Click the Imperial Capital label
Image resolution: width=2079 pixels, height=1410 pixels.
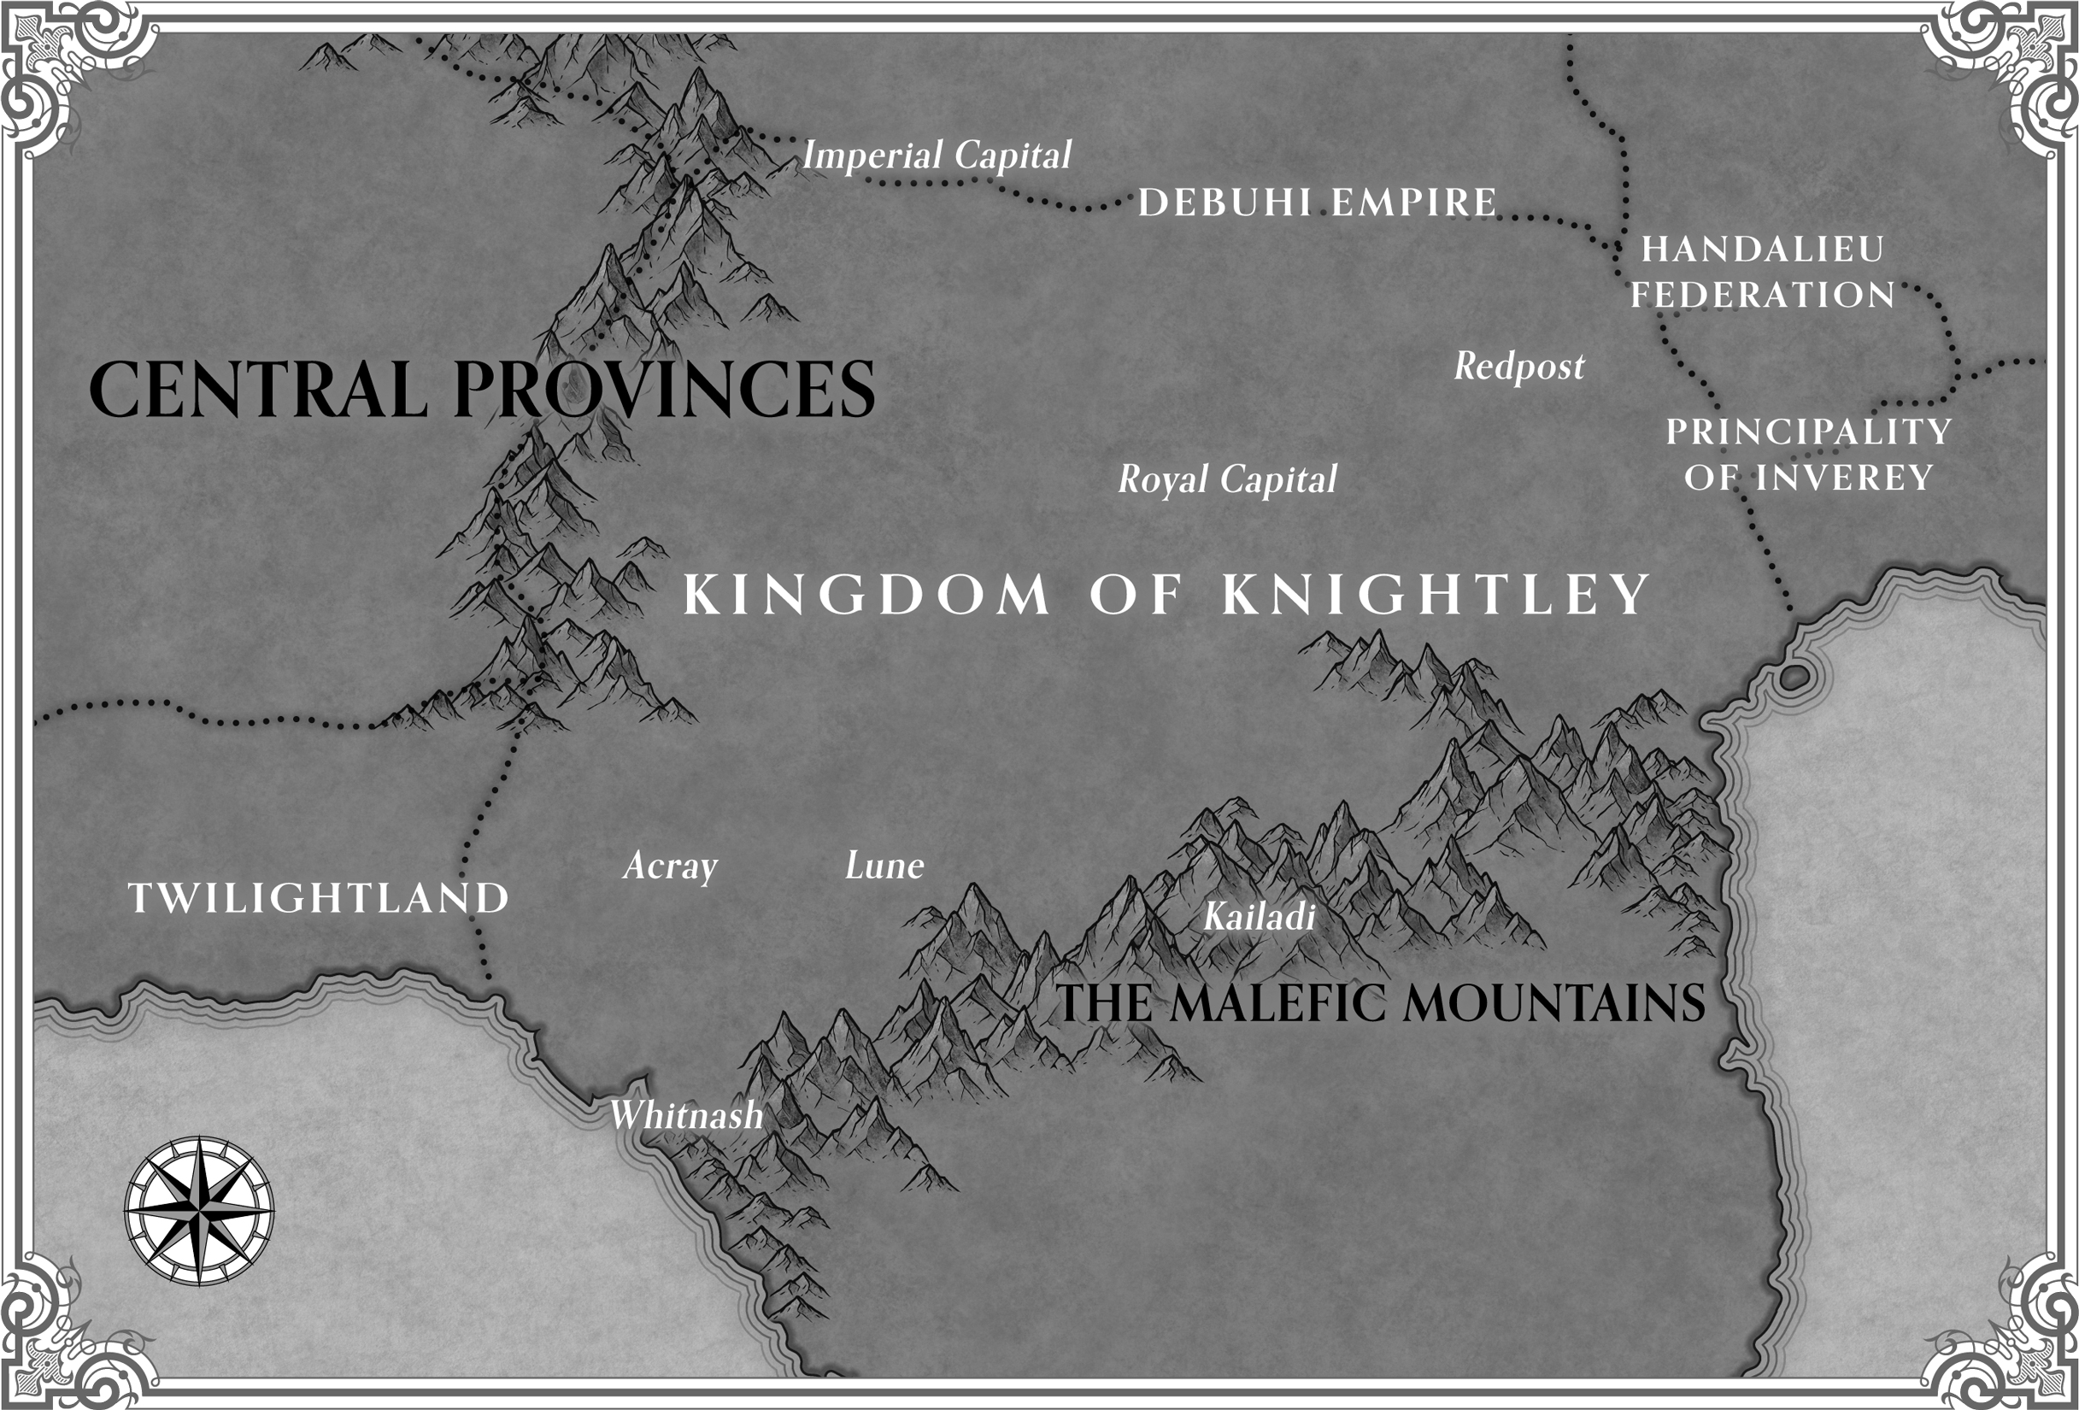936,156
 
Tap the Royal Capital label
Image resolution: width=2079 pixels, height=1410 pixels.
1227,479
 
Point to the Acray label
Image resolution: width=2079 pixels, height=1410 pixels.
670,866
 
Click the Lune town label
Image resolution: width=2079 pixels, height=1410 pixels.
884,866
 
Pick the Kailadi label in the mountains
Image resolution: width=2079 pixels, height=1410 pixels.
1259,916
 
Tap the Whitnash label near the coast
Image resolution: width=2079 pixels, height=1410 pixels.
686,1116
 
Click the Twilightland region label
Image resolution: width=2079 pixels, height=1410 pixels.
319,898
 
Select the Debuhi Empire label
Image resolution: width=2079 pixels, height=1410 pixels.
1317,203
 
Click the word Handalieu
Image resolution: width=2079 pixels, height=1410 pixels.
1762,250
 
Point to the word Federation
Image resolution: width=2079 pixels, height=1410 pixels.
1762,295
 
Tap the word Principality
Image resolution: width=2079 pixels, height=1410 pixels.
1808,432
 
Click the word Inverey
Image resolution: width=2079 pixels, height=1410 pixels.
1845,478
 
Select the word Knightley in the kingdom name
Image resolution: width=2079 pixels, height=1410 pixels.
1436,594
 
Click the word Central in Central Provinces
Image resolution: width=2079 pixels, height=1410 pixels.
258,390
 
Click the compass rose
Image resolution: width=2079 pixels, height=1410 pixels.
198,1212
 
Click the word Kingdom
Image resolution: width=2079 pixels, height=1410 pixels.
866,594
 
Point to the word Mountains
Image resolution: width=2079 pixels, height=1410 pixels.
1553,1003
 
